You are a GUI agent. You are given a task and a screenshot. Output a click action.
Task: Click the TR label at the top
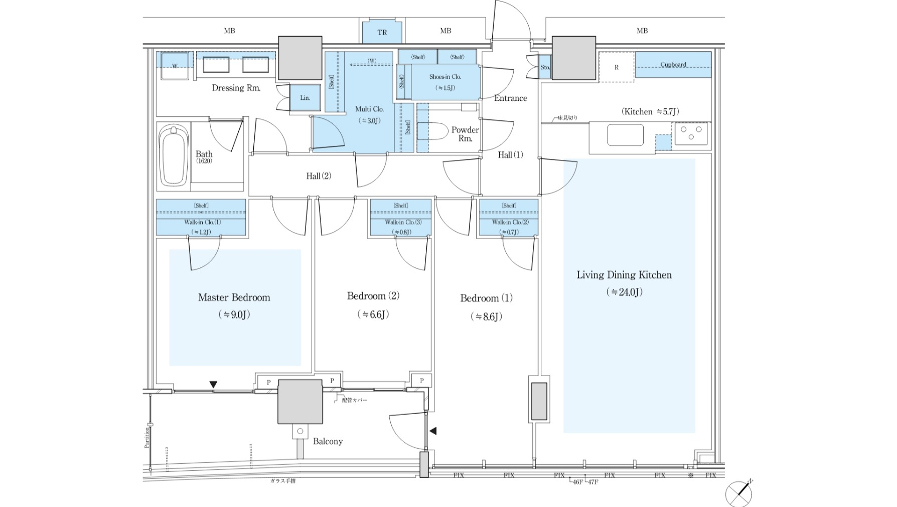pos(382,33)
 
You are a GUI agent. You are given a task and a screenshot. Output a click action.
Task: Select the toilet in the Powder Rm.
pos(432,131)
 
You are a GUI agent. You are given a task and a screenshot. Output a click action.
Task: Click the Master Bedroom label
pos(234,297)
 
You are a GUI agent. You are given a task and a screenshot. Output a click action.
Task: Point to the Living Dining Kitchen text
pos(624,275)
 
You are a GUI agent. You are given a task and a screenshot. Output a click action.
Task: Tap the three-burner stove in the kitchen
pos(691,133)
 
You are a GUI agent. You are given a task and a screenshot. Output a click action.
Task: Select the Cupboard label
pos(673,65)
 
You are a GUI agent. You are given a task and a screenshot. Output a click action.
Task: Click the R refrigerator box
pos(616,67)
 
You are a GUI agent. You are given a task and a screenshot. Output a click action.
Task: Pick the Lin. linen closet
pos(305,98)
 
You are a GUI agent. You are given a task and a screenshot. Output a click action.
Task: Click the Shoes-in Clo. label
pos(445,77)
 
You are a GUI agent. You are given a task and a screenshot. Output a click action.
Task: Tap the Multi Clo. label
pos(369,109)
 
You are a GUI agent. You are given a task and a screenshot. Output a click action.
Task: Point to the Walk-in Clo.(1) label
pos(202,222)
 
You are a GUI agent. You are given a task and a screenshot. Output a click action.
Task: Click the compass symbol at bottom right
pos(739,493)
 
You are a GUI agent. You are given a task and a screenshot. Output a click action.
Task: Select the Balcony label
pos(328,441)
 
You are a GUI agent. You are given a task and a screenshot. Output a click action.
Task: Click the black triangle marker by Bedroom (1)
pos(433,431)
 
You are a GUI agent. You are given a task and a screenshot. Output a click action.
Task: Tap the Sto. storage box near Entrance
pos(545,67)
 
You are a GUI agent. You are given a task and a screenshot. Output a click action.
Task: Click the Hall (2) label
pos(319,176)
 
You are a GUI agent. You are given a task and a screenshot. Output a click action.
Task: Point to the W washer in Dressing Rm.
pos(175,66)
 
